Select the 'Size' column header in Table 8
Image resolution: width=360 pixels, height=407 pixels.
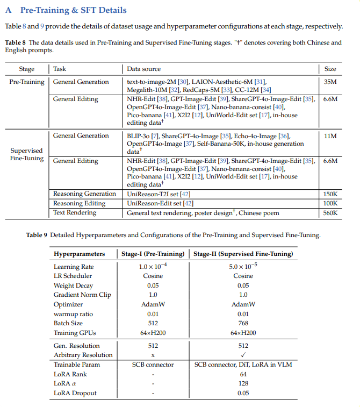point(330,69)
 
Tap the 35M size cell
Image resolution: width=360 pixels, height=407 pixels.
point(330,82)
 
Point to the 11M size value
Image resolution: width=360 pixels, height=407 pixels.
point(330,135)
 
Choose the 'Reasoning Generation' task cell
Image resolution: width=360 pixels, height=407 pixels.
point(84,194)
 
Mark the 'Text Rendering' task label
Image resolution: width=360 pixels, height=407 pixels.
point(75,213)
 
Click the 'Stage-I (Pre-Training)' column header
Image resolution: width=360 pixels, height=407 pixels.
point(153,254)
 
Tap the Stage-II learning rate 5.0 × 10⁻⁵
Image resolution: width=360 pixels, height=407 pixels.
point(243,266)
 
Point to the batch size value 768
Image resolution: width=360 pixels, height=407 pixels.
point(243,323)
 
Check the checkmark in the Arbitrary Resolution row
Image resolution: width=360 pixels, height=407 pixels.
point(243,355)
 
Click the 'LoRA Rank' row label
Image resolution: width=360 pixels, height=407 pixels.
point(70,374)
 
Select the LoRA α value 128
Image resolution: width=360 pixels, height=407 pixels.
point(243,384)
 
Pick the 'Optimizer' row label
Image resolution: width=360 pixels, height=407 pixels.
point(68,304)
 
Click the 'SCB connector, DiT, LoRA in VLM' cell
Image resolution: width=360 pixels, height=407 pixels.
point(243,365)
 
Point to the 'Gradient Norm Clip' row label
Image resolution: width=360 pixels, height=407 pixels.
point(82,295)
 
